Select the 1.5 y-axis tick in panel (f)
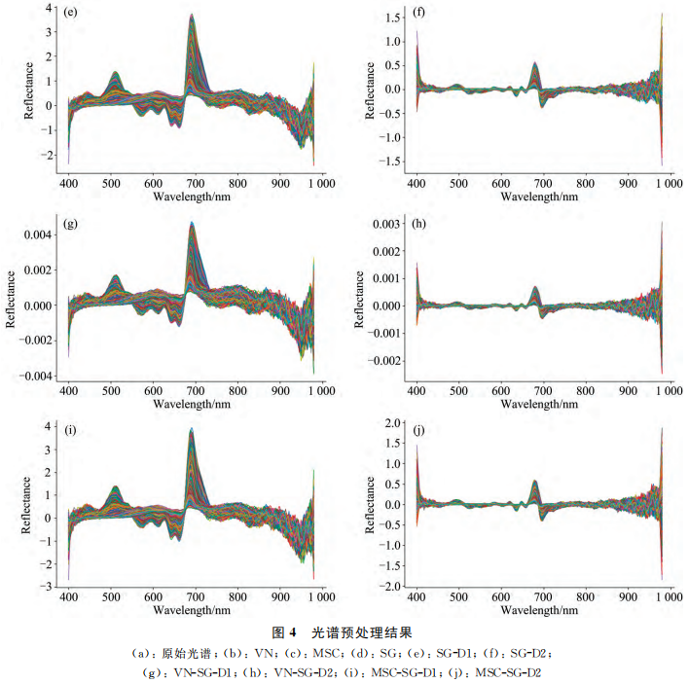click(393, 18)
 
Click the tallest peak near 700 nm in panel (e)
click(192, 16)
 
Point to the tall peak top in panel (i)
click(192, 429)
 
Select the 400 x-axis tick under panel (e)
click(69, 184)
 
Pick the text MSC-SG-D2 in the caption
click(511, 670)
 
